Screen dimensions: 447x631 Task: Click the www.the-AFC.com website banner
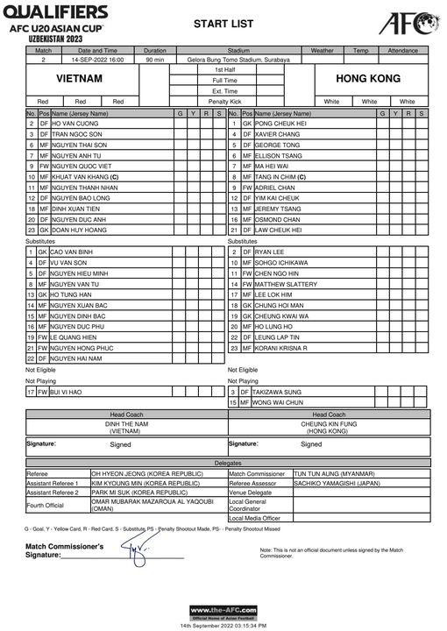click(x=223, y=611)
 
